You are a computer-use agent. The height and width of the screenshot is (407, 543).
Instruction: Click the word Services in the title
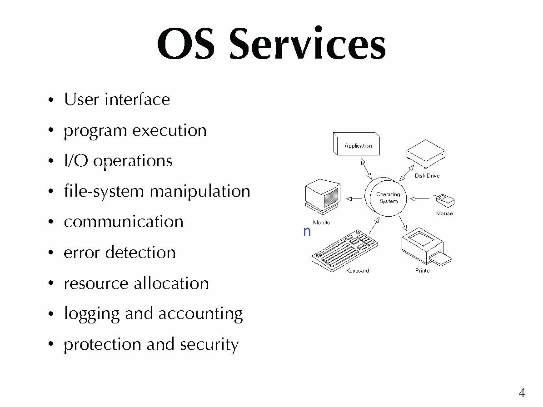pos(307,44)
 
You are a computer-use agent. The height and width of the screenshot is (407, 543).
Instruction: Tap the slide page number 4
pos(522,393)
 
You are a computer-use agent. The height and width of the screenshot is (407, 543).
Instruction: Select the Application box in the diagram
pos(356,144)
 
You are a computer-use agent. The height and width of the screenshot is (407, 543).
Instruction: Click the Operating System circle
pos(385,197)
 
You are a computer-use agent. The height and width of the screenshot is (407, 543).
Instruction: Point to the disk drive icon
pos(426,154)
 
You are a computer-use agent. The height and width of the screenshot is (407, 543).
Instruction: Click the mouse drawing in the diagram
pos(444,200)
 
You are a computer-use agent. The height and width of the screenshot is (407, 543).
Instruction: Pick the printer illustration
pos(426,247)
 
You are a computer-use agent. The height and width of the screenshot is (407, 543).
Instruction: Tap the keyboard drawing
pos(344,251)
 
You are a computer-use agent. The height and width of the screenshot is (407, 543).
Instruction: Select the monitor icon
pos(323,197)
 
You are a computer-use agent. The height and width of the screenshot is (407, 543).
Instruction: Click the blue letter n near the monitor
pos(307,231)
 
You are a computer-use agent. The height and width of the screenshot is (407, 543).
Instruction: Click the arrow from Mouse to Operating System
pos(420,199)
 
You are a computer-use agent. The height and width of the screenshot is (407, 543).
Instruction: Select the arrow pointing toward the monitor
pos(354,199)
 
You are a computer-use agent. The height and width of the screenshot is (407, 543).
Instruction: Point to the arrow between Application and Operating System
pos(366,169)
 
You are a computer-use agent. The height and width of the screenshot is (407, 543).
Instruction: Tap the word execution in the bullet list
pos(169,130)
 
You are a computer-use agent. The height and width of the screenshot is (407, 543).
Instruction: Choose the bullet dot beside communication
pos(51,222)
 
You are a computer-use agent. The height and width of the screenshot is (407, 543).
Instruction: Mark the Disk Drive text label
pos(427,176)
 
